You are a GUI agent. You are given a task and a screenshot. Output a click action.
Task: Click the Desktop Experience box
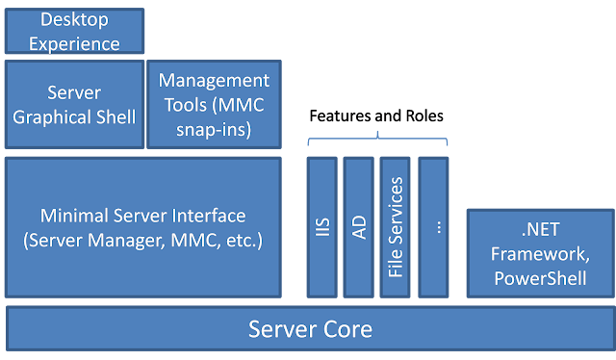coord(74,31)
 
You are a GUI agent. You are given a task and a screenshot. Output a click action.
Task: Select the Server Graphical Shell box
coord(74,105)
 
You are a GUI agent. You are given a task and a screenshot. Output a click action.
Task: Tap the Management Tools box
coord(214,105)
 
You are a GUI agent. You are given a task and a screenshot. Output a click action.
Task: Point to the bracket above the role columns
coord(377,141)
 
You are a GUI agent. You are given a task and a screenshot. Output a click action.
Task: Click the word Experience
coord(74,43)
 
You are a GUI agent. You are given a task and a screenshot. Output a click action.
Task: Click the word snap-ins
coord(214,129)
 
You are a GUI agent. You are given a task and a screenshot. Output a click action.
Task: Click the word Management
coord(214,80)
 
